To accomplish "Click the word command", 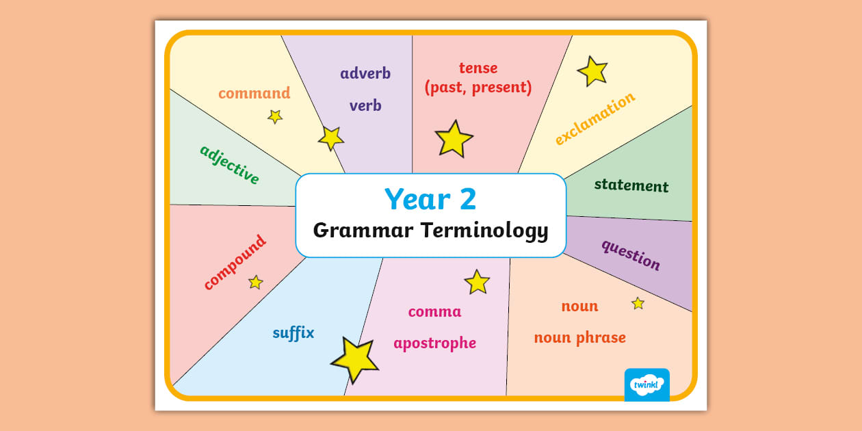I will (x=254, y=93).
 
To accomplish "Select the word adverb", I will (x=365, y=73).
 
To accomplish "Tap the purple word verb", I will (x=365, y=106).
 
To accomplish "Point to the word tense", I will (x=478, y=68).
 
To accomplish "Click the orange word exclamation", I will (x=595, y=119).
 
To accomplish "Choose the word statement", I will (x=631, y=185).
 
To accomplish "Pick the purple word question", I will (x=631, y=254).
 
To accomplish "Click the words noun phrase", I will (x=579, y=338).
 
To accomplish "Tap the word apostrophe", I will (x=434, y=343).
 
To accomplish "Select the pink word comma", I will (x=434, y=312).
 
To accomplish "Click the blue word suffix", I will (x=293, y=333).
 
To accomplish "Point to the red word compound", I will (x=235, y=263).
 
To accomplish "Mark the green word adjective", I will (x=230, y=165).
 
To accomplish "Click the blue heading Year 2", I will (x=430, y=199).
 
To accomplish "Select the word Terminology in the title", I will (x=484, y=231).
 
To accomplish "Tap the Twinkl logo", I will (x=646, y=384).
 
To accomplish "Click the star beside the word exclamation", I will (x=592, y=71).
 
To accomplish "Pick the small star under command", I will (x=275, y=117).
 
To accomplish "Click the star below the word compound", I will (x=256, y=282).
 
